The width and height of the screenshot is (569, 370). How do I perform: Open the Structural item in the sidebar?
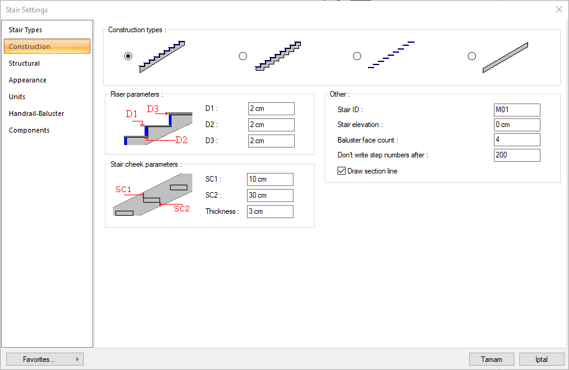pos(24,63)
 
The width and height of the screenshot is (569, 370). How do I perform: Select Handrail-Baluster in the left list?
pos(36,113)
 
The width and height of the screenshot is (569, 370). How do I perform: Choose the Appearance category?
pos(27,80)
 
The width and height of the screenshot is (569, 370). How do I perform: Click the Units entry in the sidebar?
pos(17,97)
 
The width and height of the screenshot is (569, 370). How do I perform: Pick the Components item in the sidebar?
pos(29,130)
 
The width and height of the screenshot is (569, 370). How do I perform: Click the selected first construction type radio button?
pos(128,56)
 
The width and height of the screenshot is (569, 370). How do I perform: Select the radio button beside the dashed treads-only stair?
pos(357,56)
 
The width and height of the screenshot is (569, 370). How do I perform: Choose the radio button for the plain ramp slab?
pos(472,56)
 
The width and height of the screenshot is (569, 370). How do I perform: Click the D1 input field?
pos(271,108)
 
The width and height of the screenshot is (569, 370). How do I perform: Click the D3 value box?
pos(271,141)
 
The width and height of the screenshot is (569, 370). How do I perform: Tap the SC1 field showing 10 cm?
pos(270,179)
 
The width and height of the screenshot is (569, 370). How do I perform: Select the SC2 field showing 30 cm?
pos(270,195)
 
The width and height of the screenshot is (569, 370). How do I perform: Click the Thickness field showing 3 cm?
pos(270,211)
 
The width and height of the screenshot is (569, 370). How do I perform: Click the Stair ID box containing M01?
pos(517,110)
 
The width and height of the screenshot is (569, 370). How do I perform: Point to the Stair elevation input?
pos(517,125)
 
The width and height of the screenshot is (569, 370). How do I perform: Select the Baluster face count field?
pos(517,139)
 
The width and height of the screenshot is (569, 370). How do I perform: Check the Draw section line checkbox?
pos(341,170)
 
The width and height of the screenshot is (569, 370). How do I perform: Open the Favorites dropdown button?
pos(45,359)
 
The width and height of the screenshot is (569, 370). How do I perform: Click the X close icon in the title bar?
pos(559,9)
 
